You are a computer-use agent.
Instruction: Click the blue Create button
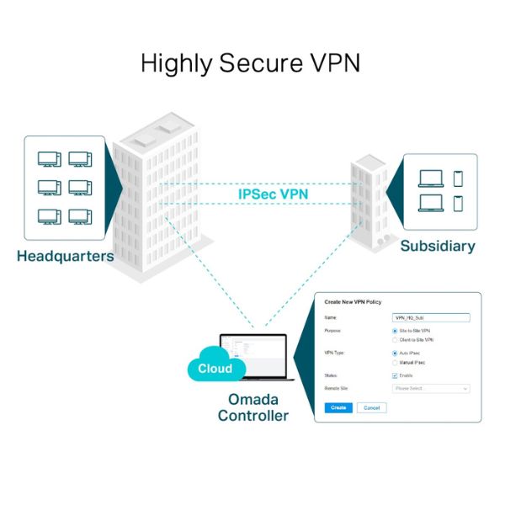pyautogui.click(x=338, y=407)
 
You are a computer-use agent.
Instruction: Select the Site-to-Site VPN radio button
pyautogui.click(x=396, y=332)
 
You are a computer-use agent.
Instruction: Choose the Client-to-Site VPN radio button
pyautogui.click(x=396, y=339)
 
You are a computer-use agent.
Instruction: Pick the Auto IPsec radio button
pyautogui.click(x=396, y=353)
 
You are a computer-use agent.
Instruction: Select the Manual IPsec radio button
pyautogui.click(x=396, y=362)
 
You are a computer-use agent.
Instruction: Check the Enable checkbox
pyautogui.click(x=396, y=375)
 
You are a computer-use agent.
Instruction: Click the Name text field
pyautogui.click(x=431, y=318)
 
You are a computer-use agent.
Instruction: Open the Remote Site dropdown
pyautogui.click(x=431, y=389)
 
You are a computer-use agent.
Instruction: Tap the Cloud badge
pyautogui.click(x=215, y=369)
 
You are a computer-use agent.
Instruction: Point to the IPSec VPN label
pyautogui.click(x=273, y=194)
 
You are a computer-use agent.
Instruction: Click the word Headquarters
pyautogui.click(x=65, y=256)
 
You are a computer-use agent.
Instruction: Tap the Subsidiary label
pyautogui.click(x=437, y=247)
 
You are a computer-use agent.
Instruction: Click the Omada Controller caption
pyautogui.click(x=252, y=407)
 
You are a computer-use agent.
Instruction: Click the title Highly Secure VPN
pyautogui.click(x=252, y=63)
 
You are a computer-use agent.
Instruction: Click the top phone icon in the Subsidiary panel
pyautogui.click(x=458, y=178)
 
